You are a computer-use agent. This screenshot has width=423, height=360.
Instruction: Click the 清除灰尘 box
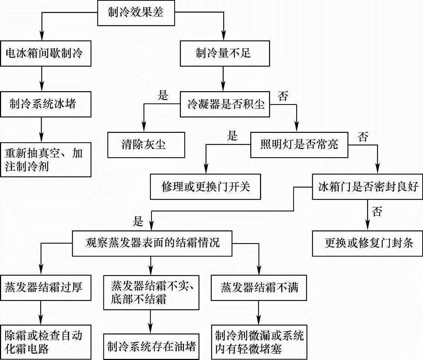click(146, 144)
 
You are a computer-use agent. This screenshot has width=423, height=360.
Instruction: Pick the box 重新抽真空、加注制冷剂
click(47, 159)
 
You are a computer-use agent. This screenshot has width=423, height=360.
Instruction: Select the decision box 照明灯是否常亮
click(299, 144)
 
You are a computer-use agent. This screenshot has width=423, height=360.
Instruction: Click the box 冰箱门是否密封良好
click(367, 186)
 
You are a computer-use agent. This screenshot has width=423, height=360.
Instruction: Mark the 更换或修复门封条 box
click(367, 243)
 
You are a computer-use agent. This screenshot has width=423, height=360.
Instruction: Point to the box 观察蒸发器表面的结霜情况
click(153, 243)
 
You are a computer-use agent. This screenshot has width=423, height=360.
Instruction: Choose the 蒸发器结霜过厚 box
click(46, 287)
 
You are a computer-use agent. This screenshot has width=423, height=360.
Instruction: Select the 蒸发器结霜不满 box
click(259, 287)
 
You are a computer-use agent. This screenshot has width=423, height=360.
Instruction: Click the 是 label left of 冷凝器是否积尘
click(163, 95)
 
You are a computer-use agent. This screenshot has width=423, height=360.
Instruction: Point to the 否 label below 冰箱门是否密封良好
click(377, 212)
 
